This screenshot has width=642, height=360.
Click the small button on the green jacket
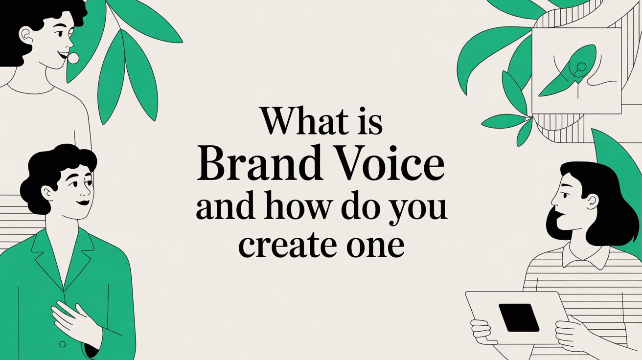click(62, 344)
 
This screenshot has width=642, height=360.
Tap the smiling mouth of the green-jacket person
click(84, 202)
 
